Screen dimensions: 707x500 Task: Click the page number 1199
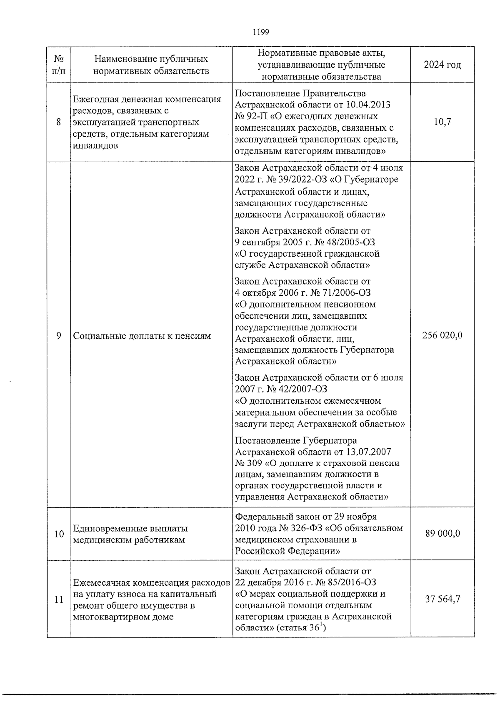(261, 32)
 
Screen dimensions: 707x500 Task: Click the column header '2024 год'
(442, 65)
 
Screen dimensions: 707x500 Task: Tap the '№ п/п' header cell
(59, 65)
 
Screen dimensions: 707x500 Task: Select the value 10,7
(442, 122)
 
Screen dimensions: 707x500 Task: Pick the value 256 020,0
(442, 336)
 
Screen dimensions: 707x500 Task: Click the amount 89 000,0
(442, 534)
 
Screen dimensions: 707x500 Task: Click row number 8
(59, 122)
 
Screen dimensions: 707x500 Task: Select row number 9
(59, 336)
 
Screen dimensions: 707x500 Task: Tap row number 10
(59, 534)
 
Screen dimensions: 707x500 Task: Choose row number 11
(59, 600)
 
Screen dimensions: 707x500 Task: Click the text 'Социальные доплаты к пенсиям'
(142, 336)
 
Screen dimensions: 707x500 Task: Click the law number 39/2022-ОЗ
(291, 180)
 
